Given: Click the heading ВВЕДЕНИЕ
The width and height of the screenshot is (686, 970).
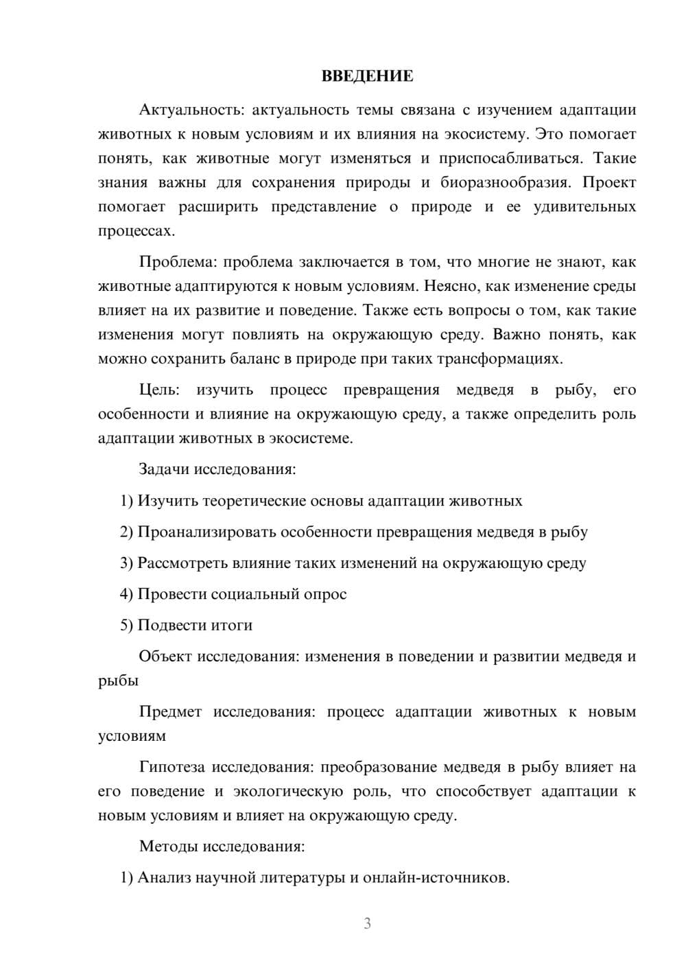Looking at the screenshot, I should tap(367, 76).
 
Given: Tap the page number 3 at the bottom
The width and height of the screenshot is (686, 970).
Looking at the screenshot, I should tap(367, 923).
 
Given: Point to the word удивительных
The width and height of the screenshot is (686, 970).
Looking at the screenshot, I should tap(584, 206).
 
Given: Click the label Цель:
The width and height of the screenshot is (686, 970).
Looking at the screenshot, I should tap(159, 390).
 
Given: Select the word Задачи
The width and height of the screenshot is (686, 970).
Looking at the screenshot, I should tap(164, 470).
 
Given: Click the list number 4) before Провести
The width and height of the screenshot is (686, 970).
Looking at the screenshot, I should tap(126, 594).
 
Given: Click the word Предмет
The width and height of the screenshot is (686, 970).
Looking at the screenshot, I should tap(170, 712).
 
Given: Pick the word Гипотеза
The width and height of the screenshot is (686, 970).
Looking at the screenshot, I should tap(172, 767).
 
